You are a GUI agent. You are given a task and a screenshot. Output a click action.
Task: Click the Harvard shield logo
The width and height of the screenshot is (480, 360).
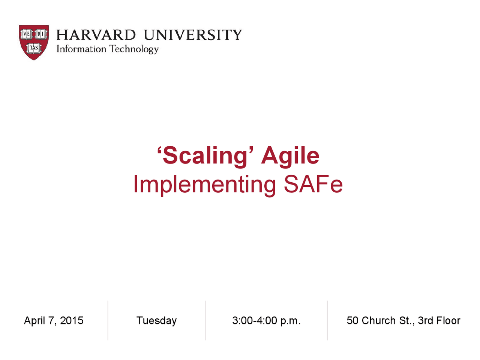[x=34, y=42]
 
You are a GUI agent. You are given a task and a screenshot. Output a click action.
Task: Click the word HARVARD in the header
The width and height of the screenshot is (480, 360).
[x=96, y=35]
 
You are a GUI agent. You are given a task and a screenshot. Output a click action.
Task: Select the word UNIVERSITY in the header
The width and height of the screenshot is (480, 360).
[x=193, y=35]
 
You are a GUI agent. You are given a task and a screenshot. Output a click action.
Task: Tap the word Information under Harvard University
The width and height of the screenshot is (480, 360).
[x=81, y=49]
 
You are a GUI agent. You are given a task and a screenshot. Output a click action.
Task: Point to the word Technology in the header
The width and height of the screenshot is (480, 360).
[x=134, y=49]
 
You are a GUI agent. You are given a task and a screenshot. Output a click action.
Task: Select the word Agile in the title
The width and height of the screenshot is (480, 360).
[x=290, y=155]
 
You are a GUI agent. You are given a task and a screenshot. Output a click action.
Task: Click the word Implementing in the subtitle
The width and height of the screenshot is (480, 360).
[x=205, y=184]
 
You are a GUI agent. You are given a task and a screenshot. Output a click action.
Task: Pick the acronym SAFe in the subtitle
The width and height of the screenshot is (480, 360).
[x=313, y=184]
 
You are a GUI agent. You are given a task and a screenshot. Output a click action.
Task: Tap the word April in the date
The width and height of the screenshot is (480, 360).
[x=34, y=321]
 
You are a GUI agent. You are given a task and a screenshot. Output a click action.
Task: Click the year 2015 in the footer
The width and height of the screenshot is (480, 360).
[x=72, y=321]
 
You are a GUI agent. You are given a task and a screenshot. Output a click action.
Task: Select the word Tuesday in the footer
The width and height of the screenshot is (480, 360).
[x=156, y=321]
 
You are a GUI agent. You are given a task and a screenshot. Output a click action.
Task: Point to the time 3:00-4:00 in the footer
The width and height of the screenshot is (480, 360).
[x=255, y=321]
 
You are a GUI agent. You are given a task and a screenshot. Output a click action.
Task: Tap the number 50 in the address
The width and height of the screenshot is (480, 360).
[x=352, y=321]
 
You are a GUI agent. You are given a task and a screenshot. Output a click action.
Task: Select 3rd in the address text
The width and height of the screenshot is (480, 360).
[x=426, y=321]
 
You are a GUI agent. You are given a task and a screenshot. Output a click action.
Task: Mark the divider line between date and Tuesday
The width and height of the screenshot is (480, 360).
[x=108, y=321]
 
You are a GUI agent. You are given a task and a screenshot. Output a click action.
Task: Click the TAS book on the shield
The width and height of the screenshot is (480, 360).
[x=34, y=48]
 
